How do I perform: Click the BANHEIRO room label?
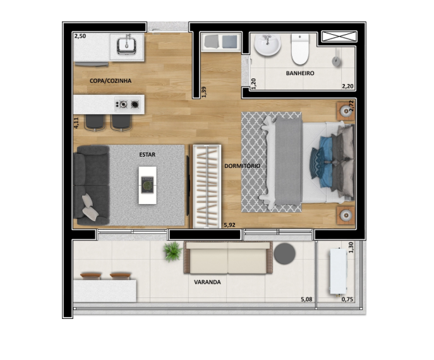click(300, 73)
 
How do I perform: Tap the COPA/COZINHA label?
click(111, 81)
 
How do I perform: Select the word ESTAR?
click(147, 155)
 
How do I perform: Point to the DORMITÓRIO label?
click(242, 166)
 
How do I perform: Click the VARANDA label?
click(207, 282)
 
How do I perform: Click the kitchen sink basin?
click(126, 46)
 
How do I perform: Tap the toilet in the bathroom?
click(300, 49)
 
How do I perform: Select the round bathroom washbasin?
click(267, 45)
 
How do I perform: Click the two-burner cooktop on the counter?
click(129, 104)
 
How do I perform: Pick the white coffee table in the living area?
click(148, 185)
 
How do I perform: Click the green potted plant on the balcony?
click(172, 251)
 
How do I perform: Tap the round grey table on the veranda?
click(284, 253)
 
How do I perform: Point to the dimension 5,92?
click(229, 225)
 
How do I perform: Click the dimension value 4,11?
click(76, 123)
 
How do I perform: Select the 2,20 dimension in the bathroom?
click(347, 87)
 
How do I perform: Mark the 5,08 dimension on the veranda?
click(306, 299)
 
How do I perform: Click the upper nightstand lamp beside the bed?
click(346, 111)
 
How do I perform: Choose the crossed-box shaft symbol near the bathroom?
click(339, 37)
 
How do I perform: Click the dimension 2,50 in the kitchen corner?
click(80, 36)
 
